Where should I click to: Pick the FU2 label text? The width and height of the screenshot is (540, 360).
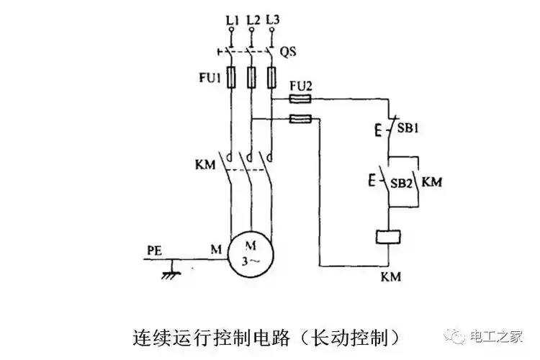[x=299, y=85]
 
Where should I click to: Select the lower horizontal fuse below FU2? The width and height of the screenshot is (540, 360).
[x=300, y=119]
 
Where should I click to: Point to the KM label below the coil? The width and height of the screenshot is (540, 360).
[x=390, y=276]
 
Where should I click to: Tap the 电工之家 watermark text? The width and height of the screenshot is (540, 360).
[x=496, y=336]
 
